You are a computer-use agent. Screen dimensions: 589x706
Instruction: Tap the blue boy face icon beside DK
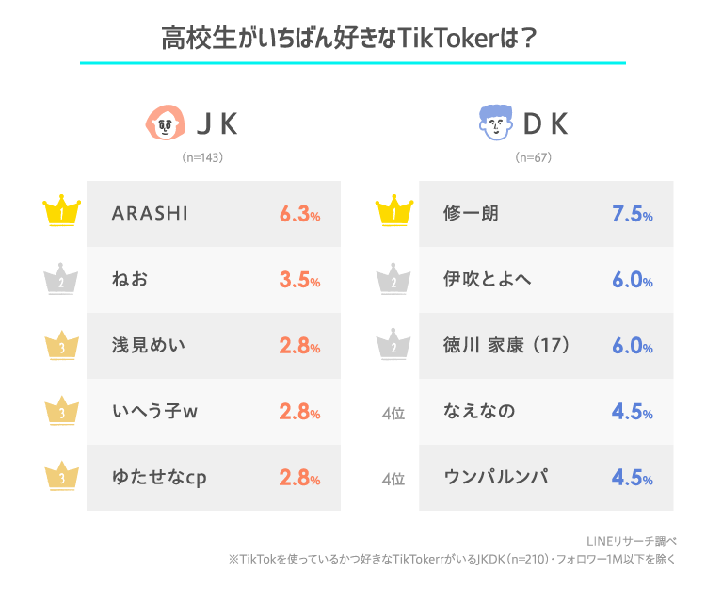tap(496, 123)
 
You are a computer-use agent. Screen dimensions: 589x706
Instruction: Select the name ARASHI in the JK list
tap(150, 214)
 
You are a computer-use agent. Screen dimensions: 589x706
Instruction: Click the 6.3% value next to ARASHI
tap(299, 214)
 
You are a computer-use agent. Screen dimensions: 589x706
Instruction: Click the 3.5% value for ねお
tap(299, 280)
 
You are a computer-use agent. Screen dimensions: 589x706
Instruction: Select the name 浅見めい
tap(148, 345)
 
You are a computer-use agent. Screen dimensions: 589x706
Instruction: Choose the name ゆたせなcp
tap(159, 477)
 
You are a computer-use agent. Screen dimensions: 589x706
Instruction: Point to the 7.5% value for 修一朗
tap(632, 214)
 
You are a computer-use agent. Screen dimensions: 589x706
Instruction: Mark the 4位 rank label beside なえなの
tap(393, 412)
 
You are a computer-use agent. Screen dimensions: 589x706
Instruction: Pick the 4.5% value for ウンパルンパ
tap(632, 477)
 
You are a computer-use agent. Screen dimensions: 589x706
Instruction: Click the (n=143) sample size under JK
tap(201, 157)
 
